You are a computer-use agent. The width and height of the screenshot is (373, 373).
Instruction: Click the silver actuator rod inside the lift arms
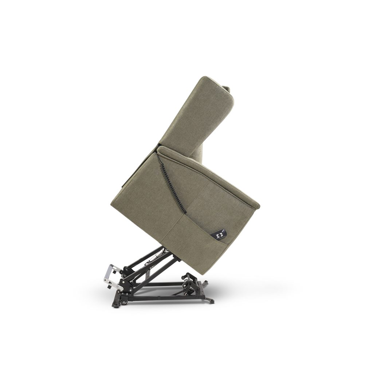tap(155, 257)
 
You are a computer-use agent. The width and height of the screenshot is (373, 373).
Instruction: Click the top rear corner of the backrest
tap(207, 77)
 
